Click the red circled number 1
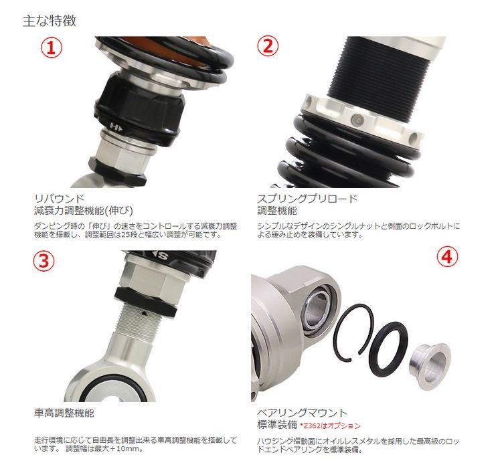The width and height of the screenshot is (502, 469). pyautogui.click(x=51, y=48)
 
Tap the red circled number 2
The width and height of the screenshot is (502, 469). pyautogui.click(x=268, y=45)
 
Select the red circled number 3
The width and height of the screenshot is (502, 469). pyautogui.click(x=44, y=261)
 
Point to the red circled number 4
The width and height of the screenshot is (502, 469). pyautogui.click(x=448, y=256)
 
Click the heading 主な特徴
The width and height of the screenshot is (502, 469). pyautogui.click(x=50, y=21)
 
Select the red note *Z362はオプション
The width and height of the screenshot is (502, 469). pyautogui.click(x=330, y=426)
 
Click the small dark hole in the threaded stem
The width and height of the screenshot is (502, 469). pyautogui.click(x=145, y=313)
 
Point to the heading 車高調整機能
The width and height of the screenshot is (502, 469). pyautogui.click(x=64, y=413)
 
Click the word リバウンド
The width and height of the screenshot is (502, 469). pyautogui.click(x=59, y=199)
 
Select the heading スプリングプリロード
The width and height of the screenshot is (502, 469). pyautogui.click(x=307, y=199)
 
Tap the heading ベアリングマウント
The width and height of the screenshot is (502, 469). pyautogui.click(x=303, y=413)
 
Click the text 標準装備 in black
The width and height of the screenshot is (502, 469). pyautogui.click(x=277, y=425)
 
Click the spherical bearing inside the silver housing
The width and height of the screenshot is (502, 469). pyautogui.click(x=317, y=310)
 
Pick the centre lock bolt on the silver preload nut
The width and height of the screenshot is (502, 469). pyautogui.click(x=357, y=120)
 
